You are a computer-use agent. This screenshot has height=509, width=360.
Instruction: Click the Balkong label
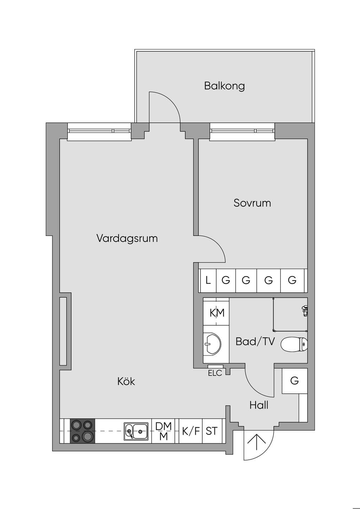pyautogui.click(x=224, y=86)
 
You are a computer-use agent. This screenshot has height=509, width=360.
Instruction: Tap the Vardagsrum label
pyautogui.click(x=127, y=238)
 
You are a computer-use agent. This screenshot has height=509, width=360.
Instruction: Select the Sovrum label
pyautogui.click(x=252, y=203)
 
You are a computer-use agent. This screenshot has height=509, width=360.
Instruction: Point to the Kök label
pyautogui.click(x=126, y=381)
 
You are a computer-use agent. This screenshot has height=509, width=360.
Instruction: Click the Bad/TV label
pyautogui.click(x=255, y=341)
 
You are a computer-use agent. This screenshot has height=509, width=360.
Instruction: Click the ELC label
pyautogui.click(x=215, y=373)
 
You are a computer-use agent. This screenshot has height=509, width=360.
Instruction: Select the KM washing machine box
pyautogui.click(x=216, y=313)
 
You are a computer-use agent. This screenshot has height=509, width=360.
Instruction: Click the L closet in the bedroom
pyautogui.click(x=208, y=281)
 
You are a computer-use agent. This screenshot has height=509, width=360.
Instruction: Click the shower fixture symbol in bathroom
pyautogui.click(x=304, y=311)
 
